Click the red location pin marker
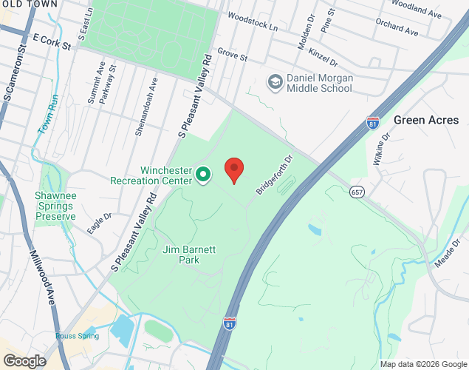[x=234, y=170]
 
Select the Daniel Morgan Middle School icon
[x=275, y=81]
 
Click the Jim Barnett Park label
[x=189, y=255]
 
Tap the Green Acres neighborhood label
[x=426, y=120]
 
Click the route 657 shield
[x=357, y=192]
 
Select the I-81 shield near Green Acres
[x=374, y=123]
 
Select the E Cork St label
[x=51, y=41]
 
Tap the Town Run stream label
[x=49, y=116]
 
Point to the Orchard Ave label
[x=396, y=28]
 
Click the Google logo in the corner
[x=24, y=361]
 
